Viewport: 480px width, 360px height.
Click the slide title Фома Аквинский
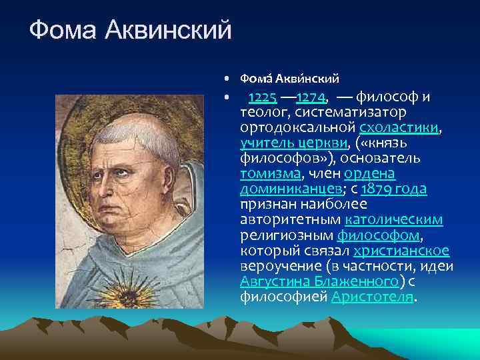tap(131, 29)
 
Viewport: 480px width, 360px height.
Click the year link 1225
tap(263, 98)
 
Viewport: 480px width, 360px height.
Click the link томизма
tap(271, 174)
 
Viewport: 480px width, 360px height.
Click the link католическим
tap(395, 220)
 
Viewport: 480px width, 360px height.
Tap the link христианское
tap(401, 251)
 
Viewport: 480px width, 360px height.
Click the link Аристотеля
tap(372, 297)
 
